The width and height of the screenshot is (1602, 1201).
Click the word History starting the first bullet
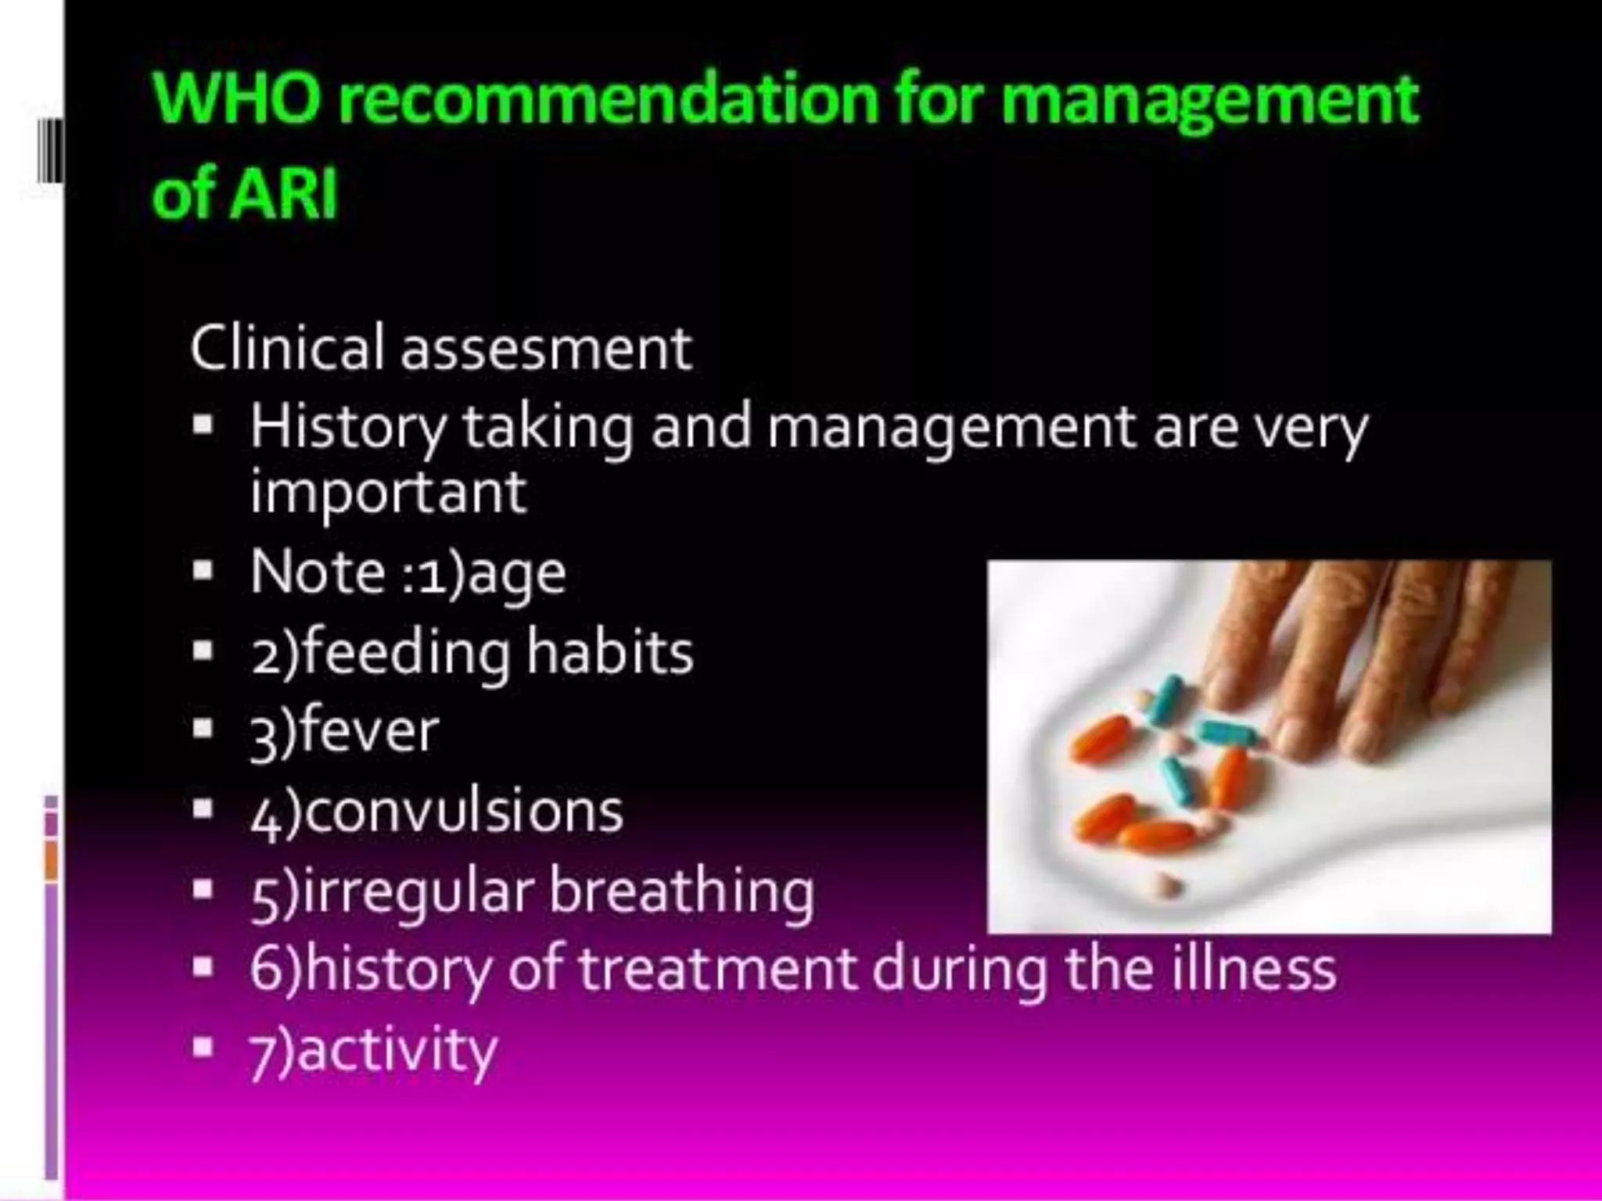(x=347, y=428)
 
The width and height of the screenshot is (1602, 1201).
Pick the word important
(x=388, y=493)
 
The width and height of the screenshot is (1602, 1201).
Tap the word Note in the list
(x=318, y=572)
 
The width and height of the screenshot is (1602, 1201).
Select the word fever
(x=368, y=731)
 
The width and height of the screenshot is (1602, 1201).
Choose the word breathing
(x=681, y=891)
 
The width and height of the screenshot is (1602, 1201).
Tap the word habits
(x=609, y=652)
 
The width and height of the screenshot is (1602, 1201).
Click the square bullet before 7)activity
(x=203, y=1046)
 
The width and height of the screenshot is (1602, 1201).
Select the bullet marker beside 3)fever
(x=203, y=728)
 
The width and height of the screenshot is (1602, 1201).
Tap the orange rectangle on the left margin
(x=52, y=860)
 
